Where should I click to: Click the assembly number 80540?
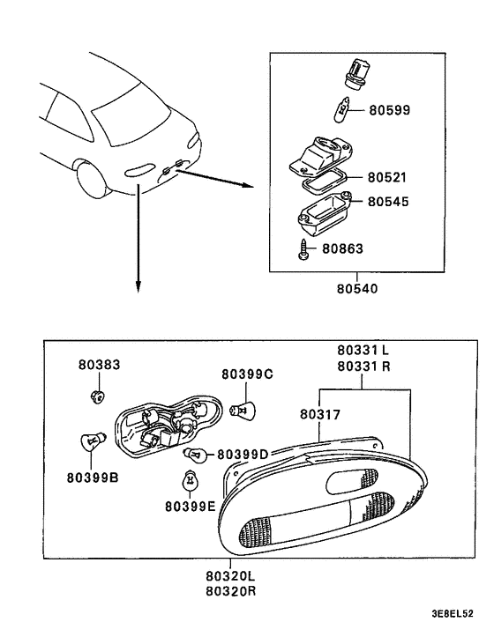click(360, 286)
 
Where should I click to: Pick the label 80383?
click(99, 365)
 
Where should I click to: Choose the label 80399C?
click(246, 374)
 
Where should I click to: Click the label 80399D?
click(243, 454)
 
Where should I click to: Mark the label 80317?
click(321, 413)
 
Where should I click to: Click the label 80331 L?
click(364, 350)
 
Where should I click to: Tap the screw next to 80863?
click(303, 249)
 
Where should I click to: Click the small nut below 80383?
click(100, 395)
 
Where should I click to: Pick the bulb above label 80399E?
click(188, 481)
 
